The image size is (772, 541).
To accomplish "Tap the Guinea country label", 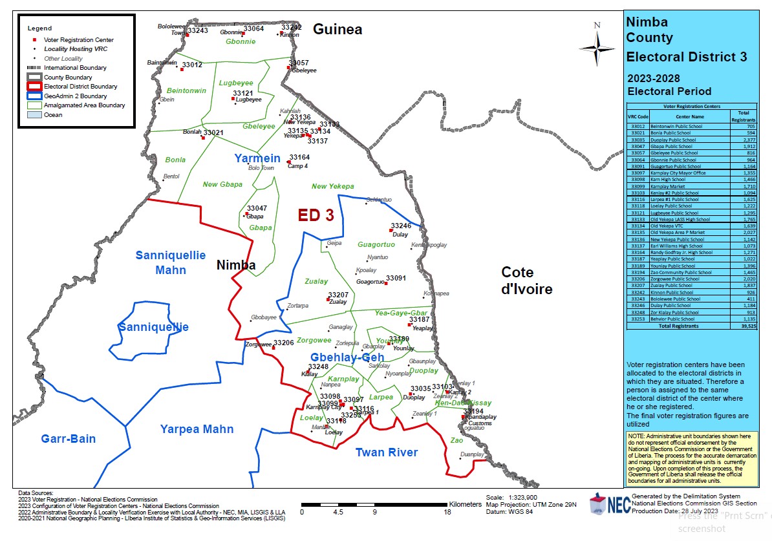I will pos(338,29).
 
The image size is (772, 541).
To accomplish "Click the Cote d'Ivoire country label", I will pos(527,280).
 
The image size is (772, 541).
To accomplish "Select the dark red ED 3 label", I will pos(316,216).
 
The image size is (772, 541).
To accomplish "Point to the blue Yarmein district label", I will pos(257,158).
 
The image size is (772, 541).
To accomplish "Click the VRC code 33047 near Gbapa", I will pos(257,208).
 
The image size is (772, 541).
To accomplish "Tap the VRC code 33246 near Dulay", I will pos(401,226).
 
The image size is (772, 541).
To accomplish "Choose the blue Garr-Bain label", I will pos(69,439).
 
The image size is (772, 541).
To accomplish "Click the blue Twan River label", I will pos(387,452).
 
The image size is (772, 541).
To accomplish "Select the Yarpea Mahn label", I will pos(197,429).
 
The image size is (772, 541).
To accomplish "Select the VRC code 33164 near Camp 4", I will pos(299,157).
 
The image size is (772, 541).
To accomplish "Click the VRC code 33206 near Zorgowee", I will pos(283,343).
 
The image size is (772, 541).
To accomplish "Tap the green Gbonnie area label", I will pos(241,41).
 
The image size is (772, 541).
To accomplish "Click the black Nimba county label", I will pos(235,265).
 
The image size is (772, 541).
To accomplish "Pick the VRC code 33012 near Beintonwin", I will pos(192,65).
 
